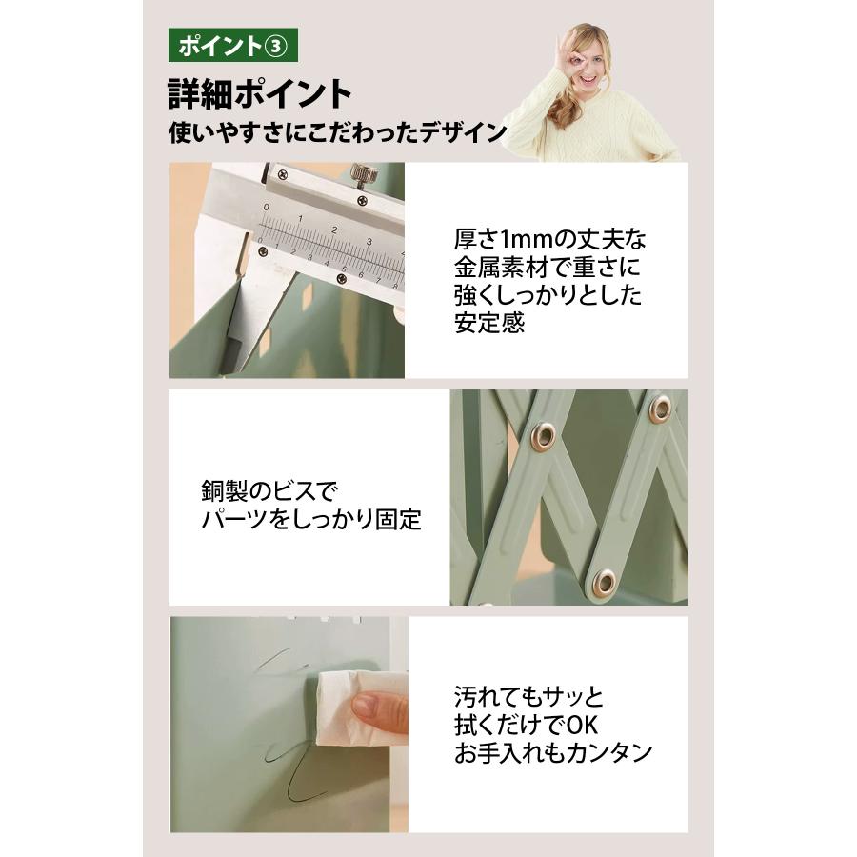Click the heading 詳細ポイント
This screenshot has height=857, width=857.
[261, 93]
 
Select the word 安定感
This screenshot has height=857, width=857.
[488, 323]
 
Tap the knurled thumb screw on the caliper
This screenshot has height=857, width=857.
[362, 173]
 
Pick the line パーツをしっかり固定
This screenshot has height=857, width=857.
[311, 521]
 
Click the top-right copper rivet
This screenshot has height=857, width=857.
[659, 409]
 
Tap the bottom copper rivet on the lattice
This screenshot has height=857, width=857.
[605, 582]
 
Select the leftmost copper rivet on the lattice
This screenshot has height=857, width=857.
[543, 437]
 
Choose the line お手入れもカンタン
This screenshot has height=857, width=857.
[552, 752]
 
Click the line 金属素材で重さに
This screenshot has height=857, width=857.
[544, 267]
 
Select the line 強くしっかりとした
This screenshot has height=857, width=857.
[548, 295]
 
